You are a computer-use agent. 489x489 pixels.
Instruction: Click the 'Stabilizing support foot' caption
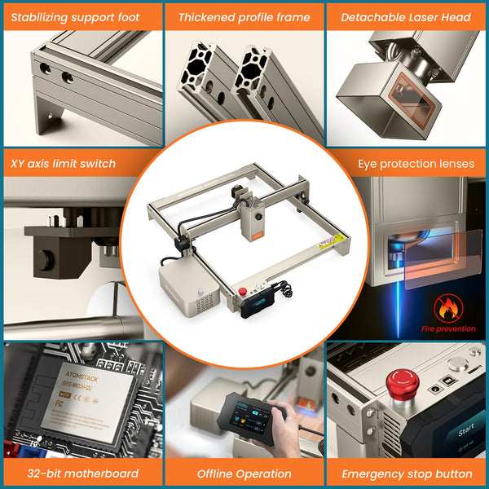click(x=76, y=16)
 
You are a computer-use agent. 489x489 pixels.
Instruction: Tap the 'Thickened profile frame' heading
click(x=244, y=16)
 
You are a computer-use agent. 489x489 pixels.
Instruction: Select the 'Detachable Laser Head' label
click(x=405, y=16)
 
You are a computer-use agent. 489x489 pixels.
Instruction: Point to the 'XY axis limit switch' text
click(x=64, y=163)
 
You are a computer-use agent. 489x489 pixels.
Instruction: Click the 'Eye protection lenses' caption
click(x=416, y=163)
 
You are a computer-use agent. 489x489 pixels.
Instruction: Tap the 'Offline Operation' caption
click(x=244, y=473)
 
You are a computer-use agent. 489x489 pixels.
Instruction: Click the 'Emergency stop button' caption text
click(x=407, y=473)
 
